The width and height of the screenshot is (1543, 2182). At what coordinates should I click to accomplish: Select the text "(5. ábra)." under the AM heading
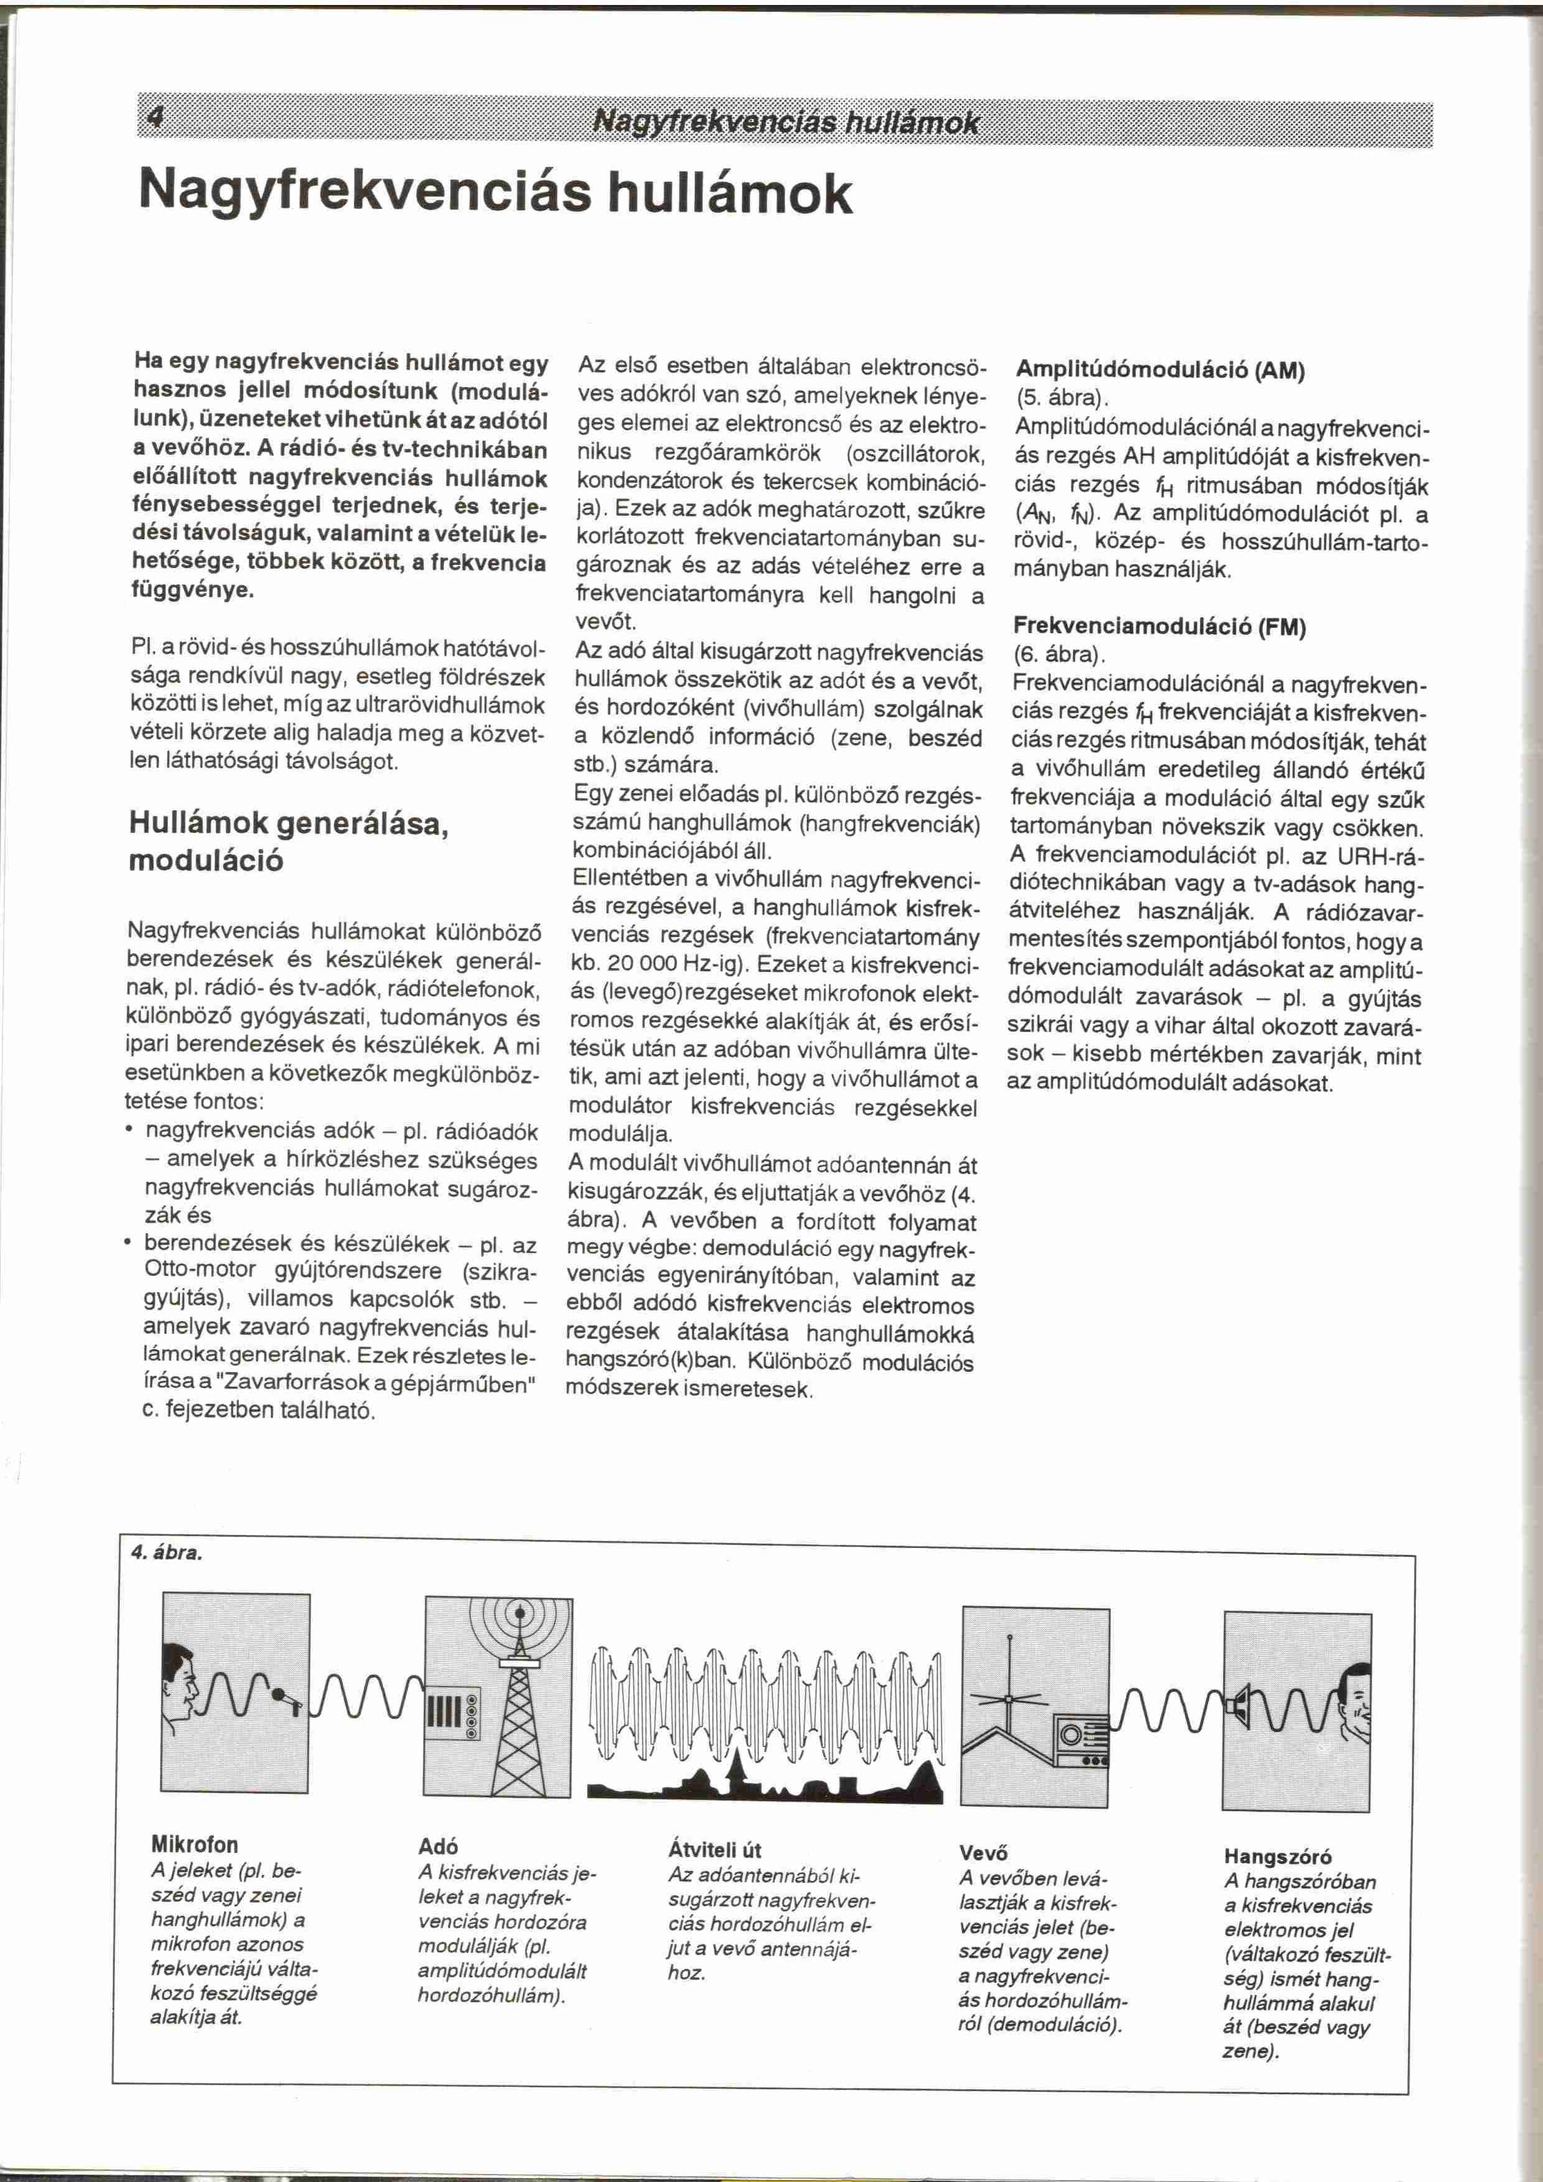1058,396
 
